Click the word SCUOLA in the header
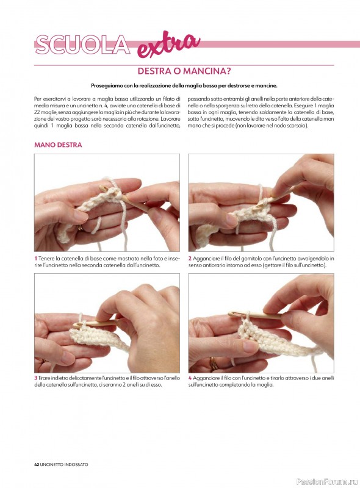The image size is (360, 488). pos(82,45)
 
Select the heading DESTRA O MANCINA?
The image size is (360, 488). pos(184,71)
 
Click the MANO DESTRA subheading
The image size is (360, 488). pos(58,145)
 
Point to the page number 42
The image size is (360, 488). pos(37,464)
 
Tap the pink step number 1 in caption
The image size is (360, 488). pos(36,258)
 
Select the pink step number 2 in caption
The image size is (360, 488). pos(190,258)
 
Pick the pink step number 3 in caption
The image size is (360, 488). pos(36,378)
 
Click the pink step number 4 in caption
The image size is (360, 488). pos(190,378)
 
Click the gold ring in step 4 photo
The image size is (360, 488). pos(214,364)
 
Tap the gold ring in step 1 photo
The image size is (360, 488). pos(80,228)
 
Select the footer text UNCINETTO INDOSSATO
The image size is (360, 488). pos(64,464)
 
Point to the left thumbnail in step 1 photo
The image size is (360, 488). pos(80,216)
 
